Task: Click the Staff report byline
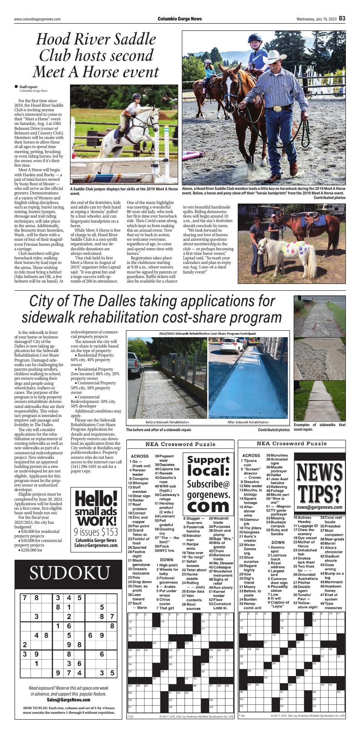point(28,87)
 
